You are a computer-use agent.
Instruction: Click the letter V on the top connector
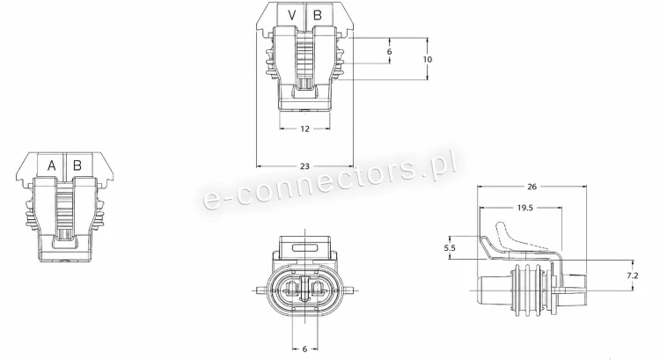[x=291, y=16]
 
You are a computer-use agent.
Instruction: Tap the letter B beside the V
[x=318, y=16]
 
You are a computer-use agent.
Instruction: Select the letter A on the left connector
[x=51, y=165]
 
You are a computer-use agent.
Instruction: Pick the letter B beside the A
[x=77, y=165]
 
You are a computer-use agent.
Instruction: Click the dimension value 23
[x=304, y=166]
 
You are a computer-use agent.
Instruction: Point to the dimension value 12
[x=305, y=129]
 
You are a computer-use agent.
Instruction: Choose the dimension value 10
[x=427, y=59]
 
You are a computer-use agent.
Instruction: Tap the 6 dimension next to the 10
[x=389, y=51]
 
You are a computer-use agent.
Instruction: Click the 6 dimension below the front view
[x=304, y=349]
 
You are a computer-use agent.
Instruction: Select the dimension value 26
[x=532, y=187]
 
